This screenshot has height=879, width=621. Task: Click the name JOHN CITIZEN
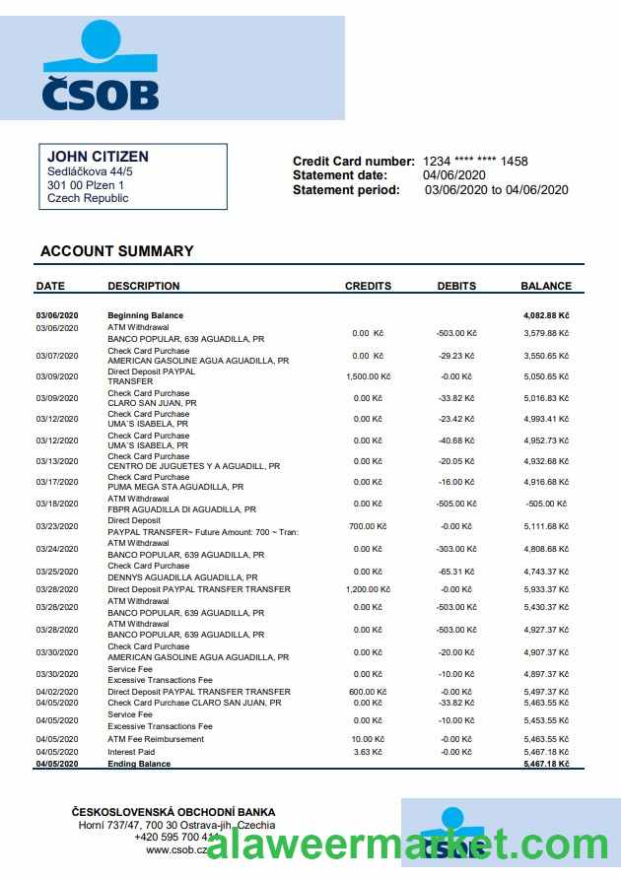(x=98, y=157)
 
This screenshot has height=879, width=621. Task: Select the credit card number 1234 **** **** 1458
(x=475, y=161)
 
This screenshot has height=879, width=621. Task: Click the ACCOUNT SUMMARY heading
(x=116, y=251)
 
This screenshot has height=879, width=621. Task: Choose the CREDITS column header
(x=368, y=286)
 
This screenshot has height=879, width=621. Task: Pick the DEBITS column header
(x=456, y=286)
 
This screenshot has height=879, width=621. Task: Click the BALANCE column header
(x=545, y=286)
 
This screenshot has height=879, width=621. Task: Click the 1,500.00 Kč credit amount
(x=369, y=376)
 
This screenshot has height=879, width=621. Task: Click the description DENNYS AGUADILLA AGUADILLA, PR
(x=182, y=577)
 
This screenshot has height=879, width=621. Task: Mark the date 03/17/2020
(x=56, y=482)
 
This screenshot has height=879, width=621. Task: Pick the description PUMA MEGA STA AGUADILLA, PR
(x=174, y=487)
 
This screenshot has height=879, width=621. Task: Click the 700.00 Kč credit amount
(x=369, y=526)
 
